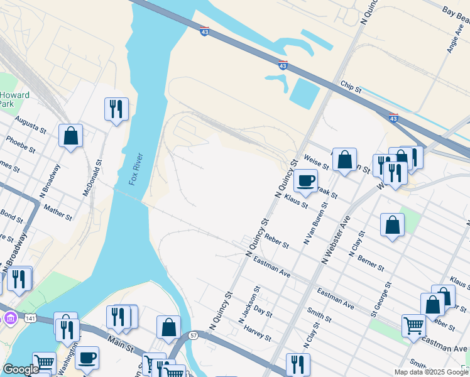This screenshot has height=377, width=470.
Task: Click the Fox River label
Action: tap(136, 169)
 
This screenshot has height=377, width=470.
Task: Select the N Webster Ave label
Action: tap(336, 239)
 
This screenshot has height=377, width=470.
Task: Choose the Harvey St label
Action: tap(258, 332)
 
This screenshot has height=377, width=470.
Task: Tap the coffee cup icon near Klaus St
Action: tap(305, 180)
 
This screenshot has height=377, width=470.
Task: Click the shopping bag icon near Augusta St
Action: tap(71, 135)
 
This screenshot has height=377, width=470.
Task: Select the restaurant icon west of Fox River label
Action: tap(116, 109)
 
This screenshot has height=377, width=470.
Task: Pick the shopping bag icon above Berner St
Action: tap(392, 224)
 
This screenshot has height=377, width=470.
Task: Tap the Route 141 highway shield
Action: tap(30, 319)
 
